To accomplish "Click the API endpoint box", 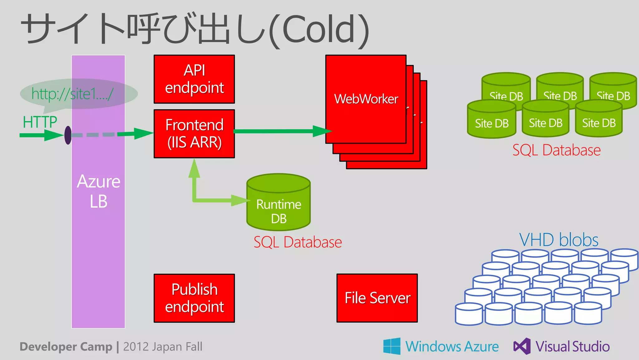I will click(194, 79).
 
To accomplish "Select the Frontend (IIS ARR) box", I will click(194, 134).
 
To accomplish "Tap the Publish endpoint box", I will click(194, 298).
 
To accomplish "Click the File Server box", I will click(377, 298).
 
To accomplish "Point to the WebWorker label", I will click(366, 99).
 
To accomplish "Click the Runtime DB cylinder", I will click(278, 206).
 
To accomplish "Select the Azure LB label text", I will click(98, 191).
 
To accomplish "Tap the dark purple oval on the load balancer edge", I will click(68, 135).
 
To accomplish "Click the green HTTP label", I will click(40, 122).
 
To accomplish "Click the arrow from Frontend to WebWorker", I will click(281, 131).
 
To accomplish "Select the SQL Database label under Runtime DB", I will click(297, 242).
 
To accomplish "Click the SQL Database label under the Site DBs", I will click(556, 150).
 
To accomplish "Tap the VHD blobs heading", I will click(559, 240).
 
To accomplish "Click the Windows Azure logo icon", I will click(392, 346).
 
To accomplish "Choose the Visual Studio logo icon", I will click(522, 346).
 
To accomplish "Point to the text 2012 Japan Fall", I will click(163, 347).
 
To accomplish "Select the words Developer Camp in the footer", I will click(66, 347).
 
